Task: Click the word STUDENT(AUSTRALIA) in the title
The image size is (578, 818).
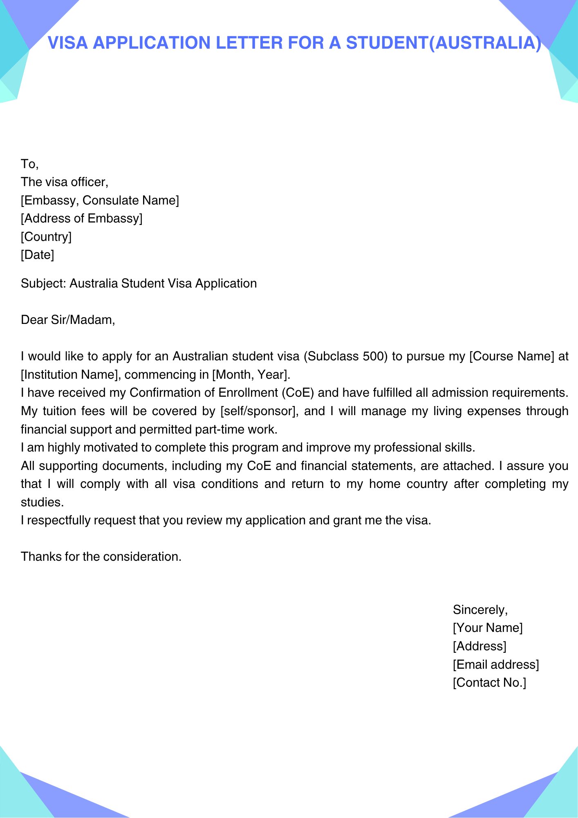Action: tap(444, 43)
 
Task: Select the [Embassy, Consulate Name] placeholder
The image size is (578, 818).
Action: tap(100, 200)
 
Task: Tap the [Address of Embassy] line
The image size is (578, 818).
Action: tap(81, 218)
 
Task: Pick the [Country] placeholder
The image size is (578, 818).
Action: tap(46, 237)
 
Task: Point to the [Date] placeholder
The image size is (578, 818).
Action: tap(37, 255)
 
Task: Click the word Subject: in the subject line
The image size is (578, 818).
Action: tap(43, 283)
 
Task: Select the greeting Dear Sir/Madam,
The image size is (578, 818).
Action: tap(68, 320)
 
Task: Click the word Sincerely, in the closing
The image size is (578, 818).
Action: tap(480, 610)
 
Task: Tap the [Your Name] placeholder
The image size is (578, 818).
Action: tap(487, 628)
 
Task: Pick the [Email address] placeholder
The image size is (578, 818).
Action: tap(495, 664)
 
